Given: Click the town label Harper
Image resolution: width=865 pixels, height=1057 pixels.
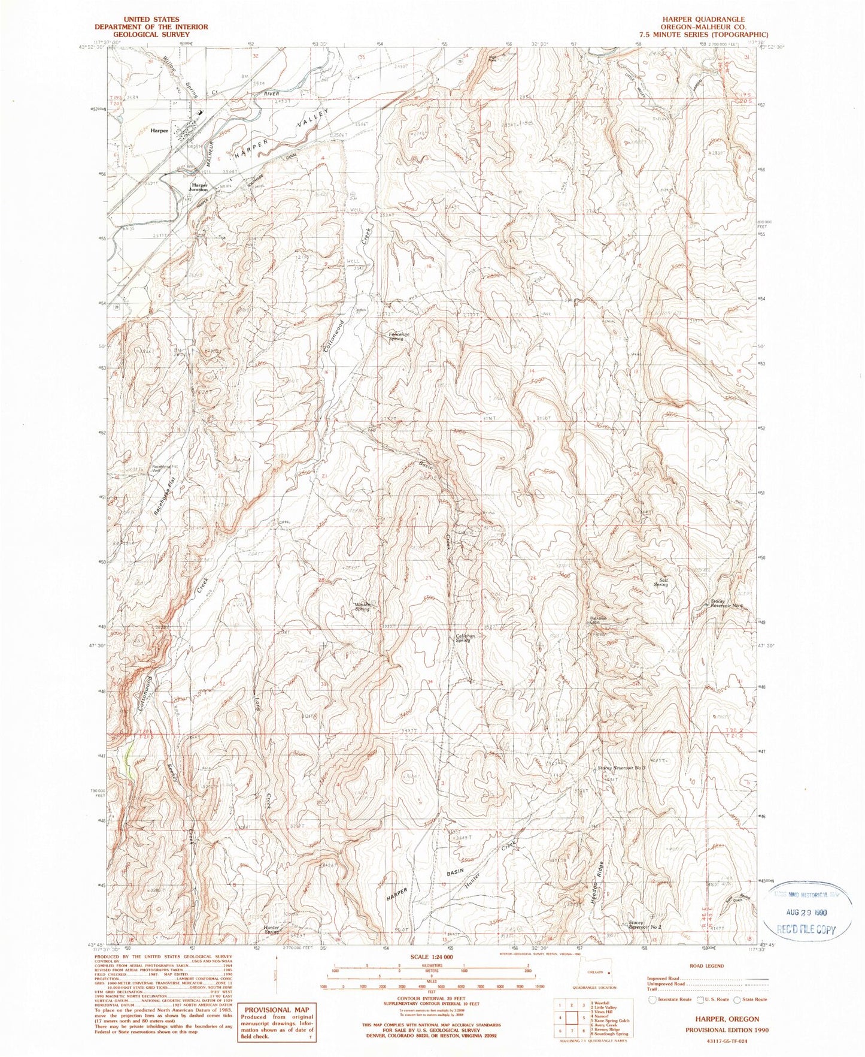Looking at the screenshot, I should pos(159,130).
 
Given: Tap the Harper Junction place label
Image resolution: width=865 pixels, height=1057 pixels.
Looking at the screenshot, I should pos(199,188).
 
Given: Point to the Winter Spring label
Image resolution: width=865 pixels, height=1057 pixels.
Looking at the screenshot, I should pos(363,606).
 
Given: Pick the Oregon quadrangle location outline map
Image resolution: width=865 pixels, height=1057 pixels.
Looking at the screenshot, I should pos(594,974).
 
